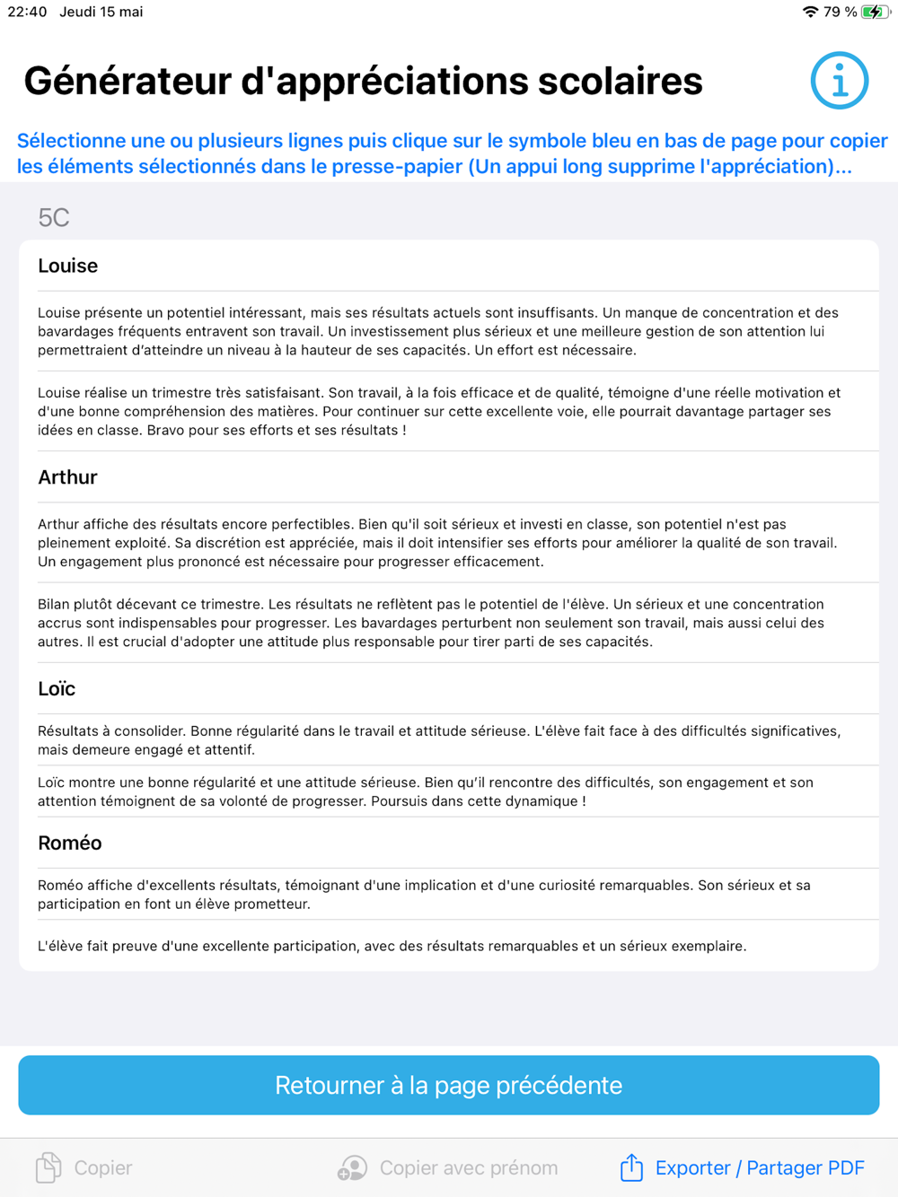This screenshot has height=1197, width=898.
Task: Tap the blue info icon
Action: (x=839, y=81)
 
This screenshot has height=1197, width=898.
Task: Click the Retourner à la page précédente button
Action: (x=448, y=1085)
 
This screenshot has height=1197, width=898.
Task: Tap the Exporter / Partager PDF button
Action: (x=759, y=1167)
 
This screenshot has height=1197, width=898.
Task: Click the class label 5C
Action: (x=54, y=218)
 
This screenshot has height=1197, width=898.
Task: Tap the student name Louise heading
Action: (x=68, y=266)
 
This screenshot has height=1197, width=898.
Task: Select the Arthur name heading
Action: (x=68, y=477)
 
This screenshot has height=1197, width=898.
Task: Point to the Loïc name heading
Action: (x=57, y=689)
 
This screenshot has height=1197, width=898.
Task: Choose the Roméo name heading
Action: (x=70, y=843)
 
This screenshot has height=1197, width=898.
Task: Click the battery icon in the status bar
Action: (x=874, y=12)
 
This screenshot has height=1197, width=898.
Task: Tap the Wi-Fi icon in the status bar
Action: (x=810, y=12)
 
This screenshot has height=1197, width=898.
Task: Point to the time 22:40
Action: (x=27, y=12)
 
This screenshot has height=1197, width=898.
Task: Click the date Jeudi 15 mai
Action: (x=101, y=12)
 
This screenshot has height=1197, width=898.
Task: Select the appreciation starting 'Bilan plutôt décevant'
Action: (x=431, y=623)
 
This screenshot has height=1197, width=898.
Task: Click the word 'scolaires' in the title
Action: (x=620, y=81)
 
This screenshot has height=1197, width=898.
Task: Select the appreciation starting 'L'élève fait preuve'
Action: (x=392, y=946)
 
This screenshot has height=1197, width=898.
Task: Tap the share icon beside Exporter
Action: (x=631, y=1166)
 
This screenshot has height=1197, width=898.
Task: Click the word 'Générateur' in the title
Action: (x=126, y=81)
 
